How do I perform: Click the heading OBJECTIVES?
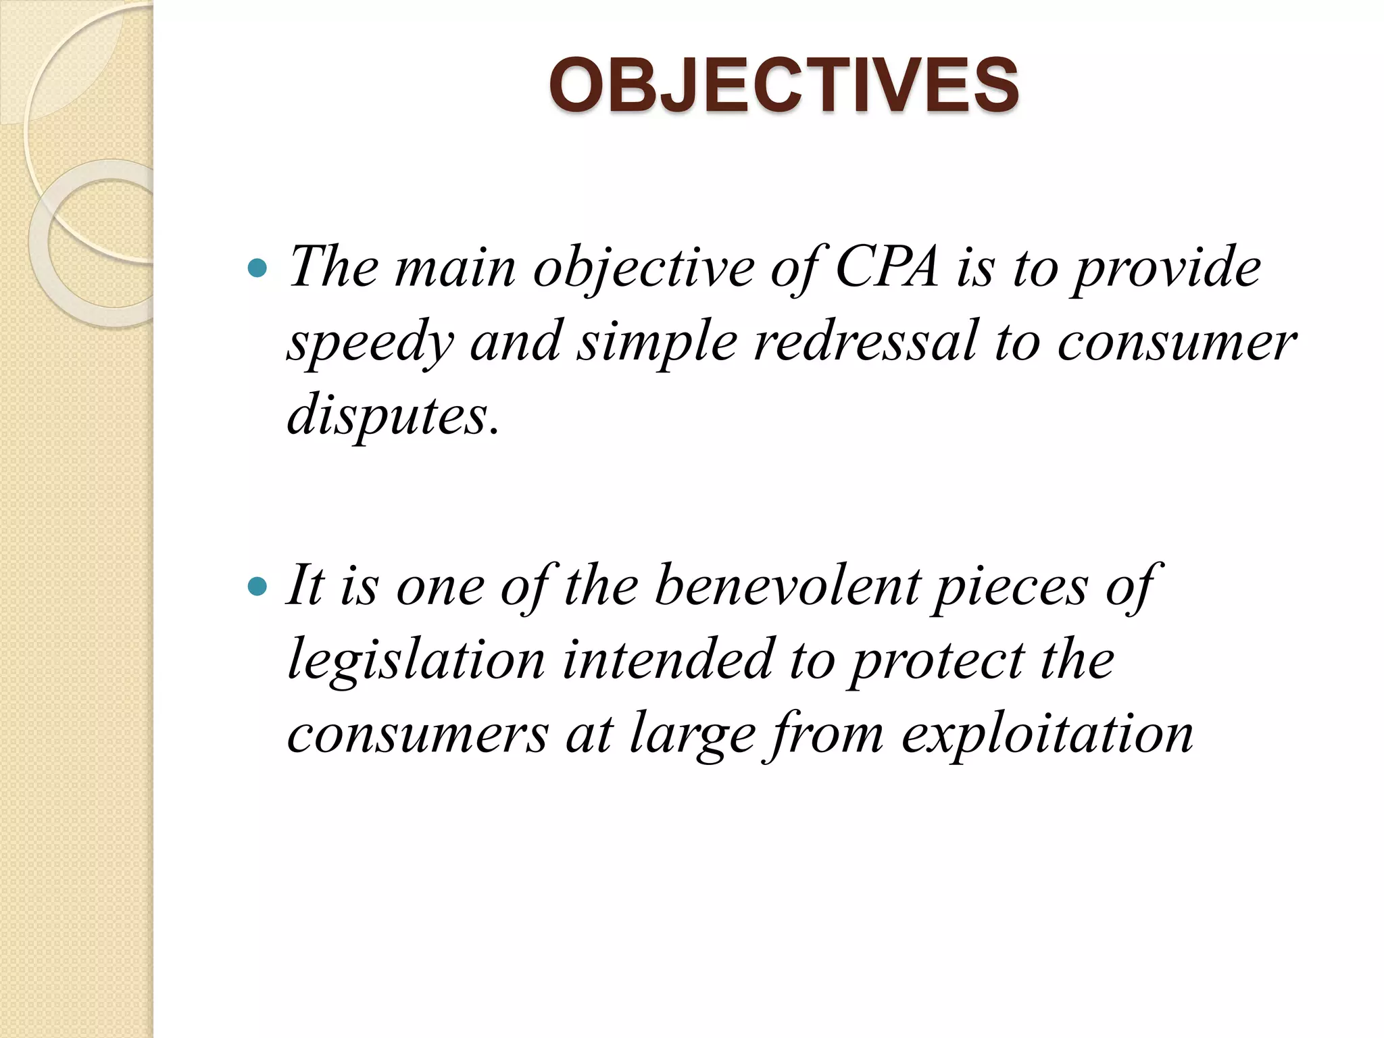(783, 86)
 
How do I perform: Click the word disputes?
(393, 415)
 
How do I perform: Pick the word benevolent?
(787, 585)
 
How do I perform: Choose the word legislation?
(416, 660)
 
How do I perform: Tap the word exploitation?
(1047, 734)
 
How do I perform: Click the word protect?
(936, 660)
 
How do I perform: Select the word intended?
(668, 660)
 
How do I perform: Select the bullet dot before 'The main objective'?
(257, 269)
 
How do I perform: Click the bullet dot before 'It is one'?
(257, 586)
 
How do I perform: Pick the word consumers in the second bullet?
(418, 735)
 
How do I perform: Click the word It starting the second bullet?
(305, 585)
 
